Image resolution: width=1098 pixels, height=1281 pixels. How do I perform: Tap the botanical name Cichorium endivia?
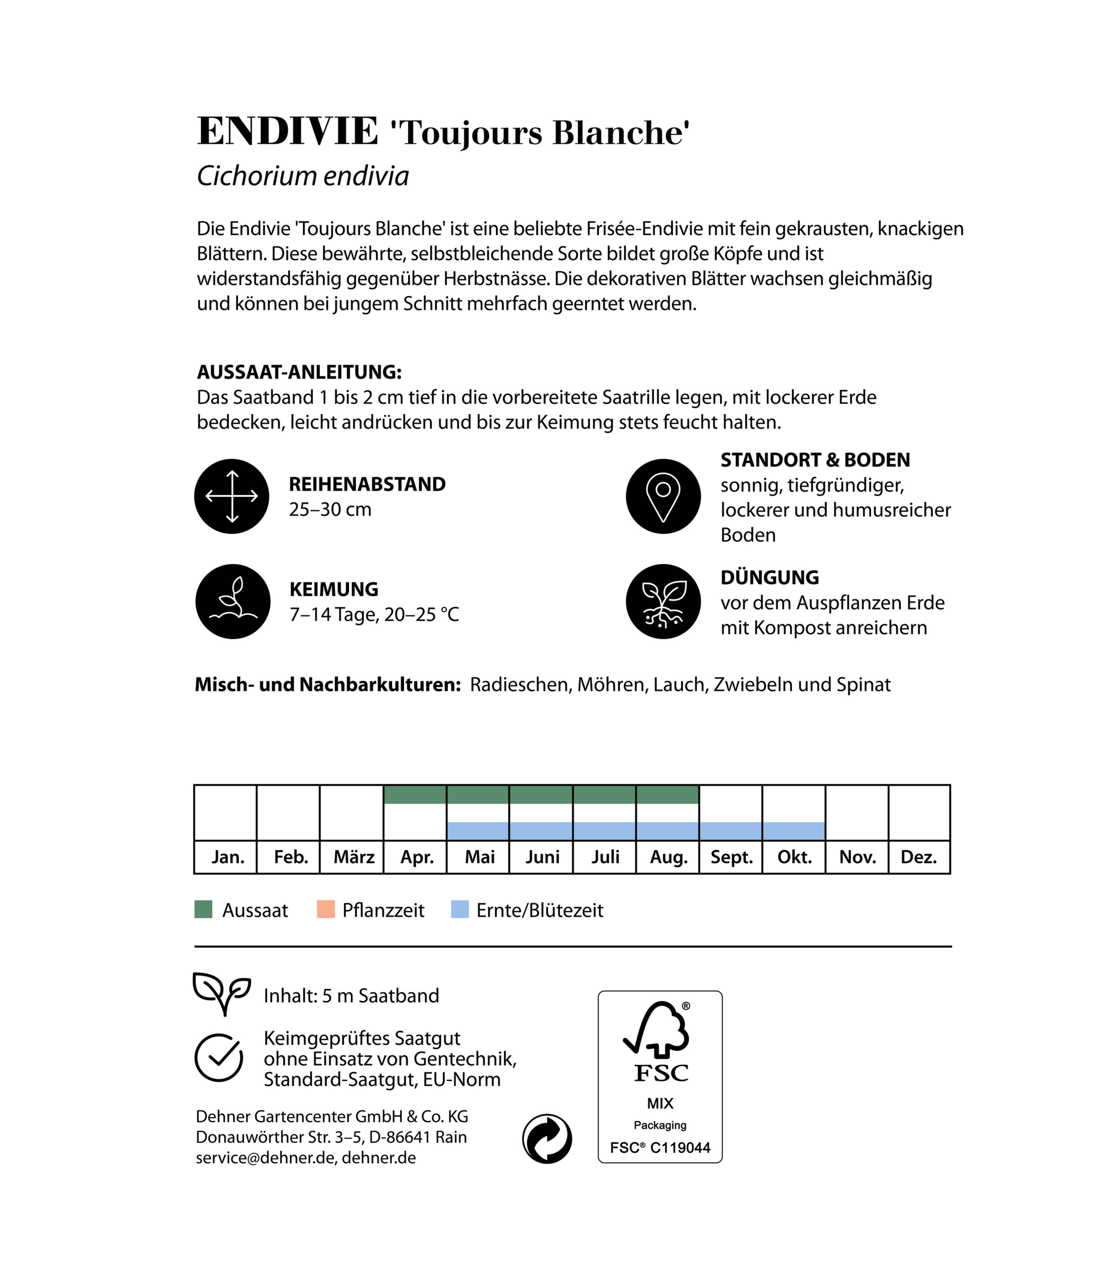[x=303, y=176]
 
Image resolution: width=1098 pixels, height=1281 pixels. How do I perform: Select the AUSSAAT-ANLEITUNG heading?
[x=299, y=372]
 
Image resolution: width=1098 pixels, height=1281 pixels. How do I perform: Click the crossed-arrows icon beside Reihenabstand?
[x=232, y=496]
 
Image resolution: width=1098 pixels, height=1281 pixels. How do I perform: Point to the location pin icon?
[x=663, y=496]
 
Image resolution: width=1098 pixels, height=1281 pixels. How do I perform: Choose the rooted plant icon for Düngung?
[x=663, y=602]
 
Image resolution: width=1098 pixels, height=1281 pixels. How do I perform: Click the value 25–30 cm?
[x=330, y=510]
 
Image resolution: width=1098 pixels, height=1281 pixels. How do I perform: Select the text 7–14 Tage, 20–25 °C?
[x=374, y=614]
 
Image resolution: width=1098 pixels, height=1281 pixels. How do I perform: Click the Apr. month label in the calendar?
[x=417, y=857]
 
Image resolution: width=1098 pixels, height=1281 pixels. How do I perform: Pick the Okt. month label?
[x=794, y=857]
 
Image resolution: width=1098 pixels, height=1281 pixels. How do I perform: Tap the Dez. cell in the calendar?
[x=919, y=857]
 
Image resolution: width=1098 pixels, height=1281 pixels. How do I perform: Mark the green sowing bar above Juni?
[x=541, y=794]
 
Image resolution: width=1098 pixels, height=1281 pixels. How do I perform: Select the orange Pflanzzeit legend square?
[x=326, y=910]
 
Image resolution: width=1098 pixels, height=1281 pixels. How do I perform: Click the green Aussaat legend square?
[x=203, y=910]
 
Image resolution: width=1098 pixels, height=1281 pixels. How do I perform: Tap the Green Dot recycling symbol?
[x=547, y=1139]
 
